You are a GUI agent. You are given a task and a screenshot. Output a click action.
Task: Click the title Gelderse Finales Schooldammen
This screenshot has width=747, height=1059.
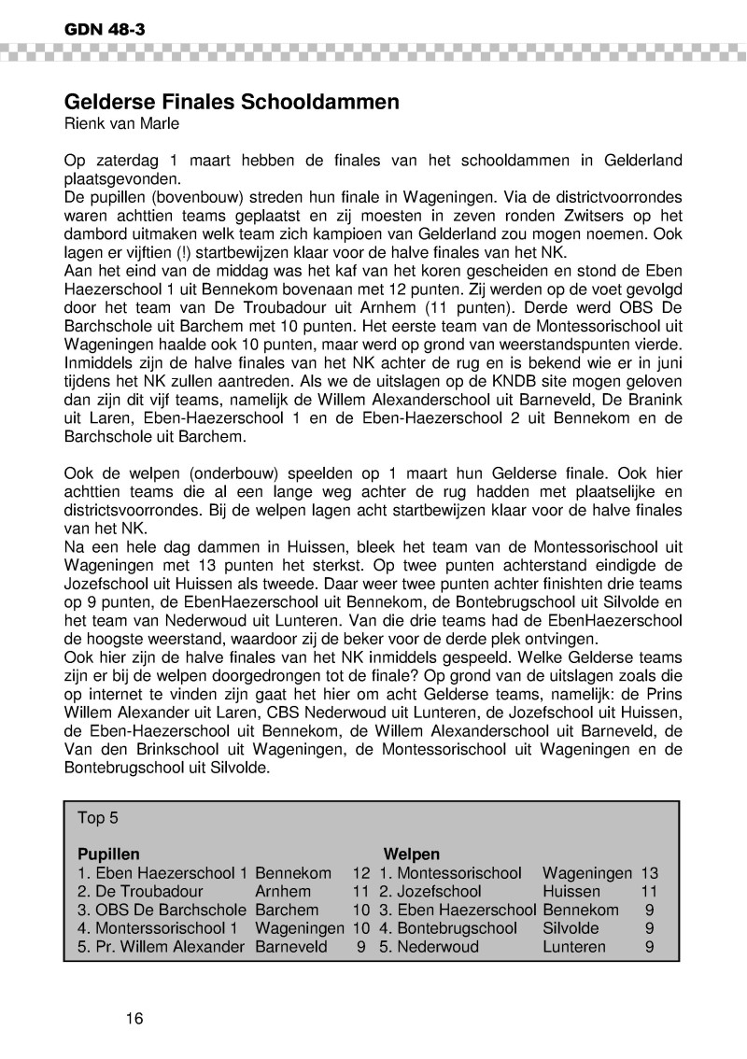coord(232,102)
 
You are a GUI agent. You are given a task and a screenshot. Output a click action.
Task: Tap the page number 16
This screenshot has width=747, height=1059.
coord(134,1018)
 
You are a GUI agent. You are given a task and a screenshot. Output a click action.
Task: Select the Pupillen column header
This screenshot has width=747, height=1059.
coord(108,854)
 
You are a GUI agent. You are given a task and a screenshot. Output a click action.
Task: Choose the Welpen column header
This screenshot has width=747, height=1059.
coord(412,854)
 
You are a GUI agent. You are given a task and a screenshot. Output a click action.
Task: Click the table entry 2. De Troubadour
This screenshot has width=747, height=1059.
coord(140,892)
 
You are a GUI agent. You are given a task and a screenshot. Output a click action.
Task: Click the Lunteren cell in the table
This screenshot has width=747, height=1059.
coord(574,947)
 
